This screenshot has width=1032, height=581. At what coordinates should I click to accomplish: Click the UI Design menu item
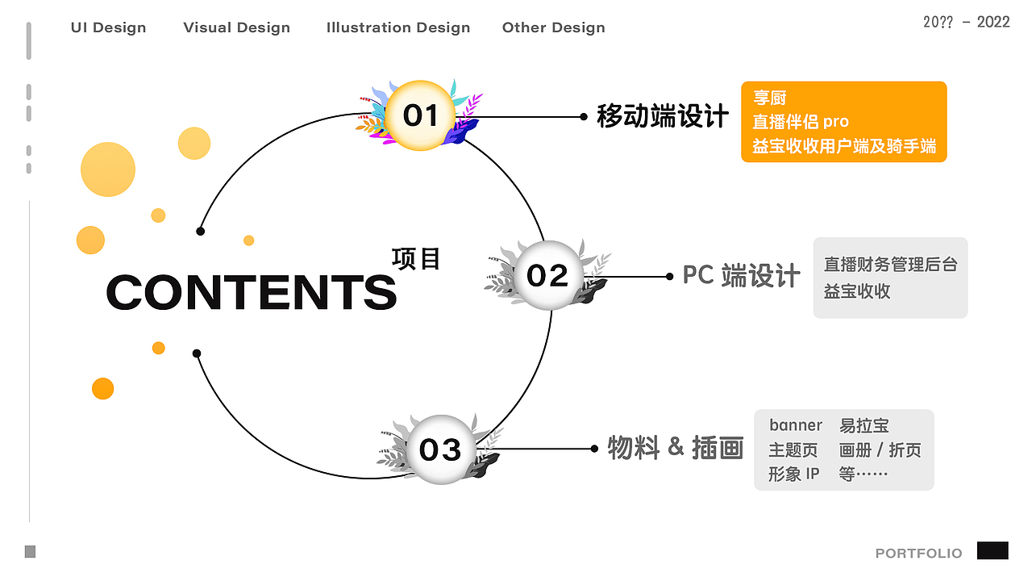108,27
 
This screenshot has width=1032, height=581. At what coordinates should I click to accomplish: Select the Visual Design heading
236,27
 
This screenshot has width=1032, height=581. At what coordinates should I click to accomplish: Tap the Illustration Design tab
397,27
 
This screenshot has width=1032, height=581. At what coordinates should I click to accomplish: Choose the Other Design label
553,27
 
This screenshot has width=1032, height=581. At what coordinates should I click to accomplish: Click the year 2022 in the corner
993,22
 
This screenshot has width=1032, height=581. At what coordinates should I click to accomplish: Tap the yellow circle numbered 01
419,115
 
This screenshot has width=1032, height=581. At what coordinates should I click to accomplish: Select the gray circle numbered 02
547,276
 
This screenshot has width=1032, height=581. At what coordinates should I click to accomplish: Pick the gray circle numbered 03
440,449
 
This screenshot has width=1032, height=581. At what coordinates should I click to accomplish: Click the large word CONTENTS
251,292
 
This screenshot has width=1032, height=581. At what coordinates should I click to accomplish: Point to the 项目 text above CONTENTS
416,258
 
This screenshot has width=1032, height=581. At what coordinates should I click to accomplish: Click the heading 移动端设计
663,116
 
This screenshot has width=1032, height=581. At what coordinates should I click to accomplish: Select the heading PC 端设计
741,276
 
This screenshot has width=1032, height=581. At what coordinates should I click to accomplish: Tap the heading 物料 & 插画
675,448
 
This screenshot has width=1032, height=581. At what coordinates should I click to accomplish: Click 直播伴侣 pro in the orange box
800,122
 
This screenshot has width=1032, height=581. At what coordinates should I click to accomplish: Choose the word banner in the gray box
795,425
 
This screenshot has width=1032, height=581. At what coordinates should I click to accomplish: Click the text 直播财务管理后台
890,265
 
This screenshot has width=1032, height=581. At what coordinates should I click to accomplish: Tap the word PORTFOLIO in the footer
918,554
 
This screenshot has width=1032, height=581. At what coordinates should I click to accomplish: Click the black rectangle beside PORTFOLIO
992,550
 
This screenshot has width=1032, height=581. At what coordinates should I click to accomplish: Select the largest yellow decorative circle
108,169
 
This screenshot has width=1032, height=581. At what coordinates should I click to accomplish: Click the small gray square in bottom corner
30,552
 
